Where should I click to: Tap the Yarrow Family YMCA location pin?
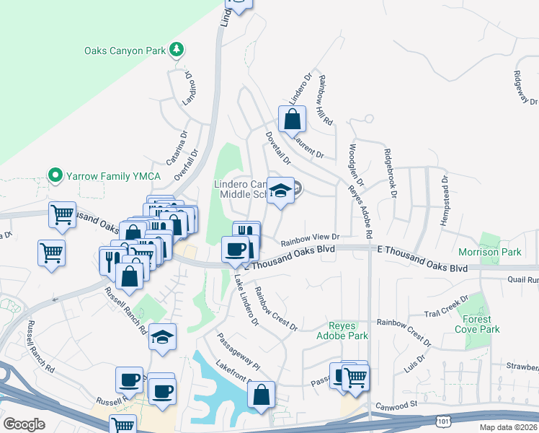click(x=53, y=175)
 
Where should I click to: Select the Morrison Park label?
click(x=489, y=253)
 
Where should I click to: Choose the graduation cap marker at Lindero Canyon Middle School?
click(x=280, y=191)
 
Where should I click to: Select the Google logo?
click(x=24, y=424)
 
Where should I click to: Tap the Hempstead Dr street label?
click(x=444, y=200)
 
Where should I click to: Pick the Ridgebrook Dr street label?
click(x=391, y=173)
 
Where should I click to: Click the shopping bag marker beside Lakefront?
click(x=261, y=395)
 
